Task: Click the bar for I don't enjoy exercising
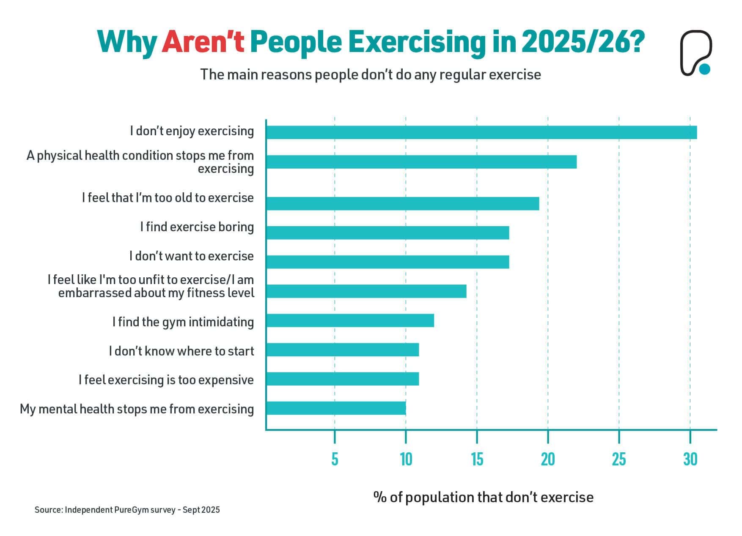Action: tap(481, 132)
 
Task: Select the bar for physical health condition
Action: tap(421, 162)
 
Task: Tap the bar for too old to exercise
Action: tap(403, 203)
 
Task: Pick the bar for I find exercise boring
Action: tap(387, 232)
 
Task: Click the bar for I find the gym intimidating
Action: tap(350, 320)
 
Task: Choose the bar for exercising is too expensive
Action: tap(343, 379)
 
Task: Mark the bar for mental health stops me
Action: tap(336, 408)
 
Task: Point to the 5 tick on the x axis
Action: tap(335, 459)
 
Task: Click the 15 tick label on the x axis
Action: tap(477, 459)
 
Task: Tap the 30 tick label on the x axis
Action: tap(690, 459)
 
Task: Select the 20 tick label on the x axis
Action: tap(548, 459)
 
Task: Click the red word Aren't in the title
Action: tap(203, 42)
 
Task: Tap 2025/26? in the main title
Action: tap(583, 42)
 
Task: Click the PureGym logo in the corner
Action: tap(695, 52)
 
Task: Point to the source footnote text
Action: tap(127, 510)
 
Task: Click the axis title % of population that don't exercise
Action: tap(483, 497)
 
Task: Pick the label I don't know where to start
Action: tap(181, 351)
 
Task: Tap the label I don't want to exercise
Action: tap(191, 256)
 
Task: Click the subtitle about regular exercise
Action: tap(370, 74)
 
